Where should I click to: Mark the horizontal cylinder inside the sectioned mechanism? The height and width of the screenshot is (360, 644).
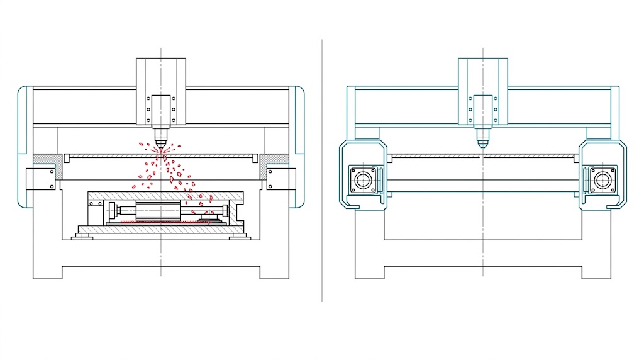point(157,209)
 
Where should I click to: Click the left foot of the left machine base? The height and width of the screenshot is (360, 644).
point(47,272)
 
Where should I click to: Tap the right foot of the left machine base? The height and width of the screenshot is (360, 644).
point(274,272)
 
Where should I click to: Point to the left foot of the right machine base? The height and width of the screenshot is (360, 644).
point(369,272)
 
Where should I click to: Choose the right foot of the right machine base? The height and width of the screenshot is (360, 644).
point(596,272)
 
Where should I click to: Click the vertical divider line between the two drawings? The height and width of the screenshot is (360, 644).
point(322,170)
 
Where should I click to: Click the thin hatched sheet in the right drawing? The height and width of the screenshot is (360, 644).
point(482,155)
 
